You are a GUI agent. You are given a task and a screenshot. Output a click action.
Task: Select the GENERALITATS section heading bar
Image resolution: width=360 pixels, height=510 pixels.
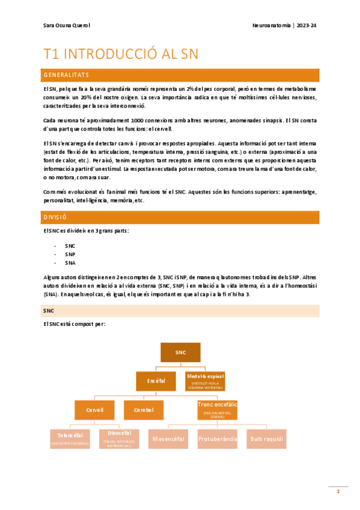pyautogui.click(x=180, y=75)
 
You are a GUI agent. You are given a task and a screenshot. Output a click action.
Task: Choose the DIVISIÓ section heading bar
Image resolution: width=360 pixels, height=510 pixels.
pyautogui.click(x=180, y=217)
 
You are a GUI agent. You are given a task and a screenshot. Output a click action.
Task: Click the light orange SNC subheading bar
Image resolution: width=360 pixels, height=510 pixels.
pyautogui.click(x=180, y=310)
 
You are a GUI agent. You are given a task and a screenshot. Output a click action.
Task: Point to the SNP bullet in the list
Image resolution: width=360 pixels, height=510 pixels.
pyautogui.click(x=70, y=254)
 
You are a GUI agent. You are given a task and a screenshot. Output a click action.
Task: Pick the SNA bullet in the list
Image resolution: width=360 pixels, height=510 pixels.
pyautogui.click(x=70, y=263)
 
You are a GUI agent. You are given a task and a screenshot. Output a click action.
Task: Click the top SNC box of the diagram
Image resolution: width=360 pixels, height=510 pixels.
pyautogui.click(x=180, y=352)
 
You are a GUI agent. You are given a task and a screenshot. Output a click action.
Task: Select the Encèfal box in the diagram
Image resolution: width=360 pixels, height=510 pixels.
pyautogui.click(x=156, y=381)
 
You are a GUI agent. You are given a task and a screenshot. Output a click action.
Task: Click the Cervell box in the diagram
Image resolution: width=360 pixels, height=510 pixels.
pyautogui.click(x=95, y=410)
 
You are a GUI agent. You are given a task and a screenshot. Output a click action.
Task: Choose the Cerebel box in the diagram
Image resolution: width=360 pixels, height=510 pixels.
pyautogui.click(x=144, y=410)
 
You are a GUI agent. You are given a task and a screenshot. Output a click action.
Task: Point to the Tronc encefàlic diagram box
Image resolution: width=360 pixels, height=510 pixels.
pyautogui.click(x=218, y=409)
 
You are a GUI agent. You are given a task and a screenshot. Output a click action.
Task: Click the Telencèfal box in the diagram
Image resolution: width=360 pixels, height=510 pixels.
pyautogui.click(x=70, y=438)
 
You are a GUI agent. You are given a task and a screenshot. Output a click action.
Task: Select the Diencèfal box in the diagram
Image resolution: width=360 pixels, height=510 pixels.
pyautogui.click(x=119, y=438)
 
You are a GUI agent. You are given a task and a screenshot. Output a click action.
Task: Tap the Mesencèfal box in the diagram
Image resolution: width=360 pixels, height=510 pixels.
pyautogui.click(x=168, y=438)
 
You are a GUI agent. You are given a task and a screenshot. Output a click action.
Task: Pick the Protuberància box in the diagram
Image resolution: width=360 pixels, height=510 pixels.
pyautogui.click(x=217, y=438)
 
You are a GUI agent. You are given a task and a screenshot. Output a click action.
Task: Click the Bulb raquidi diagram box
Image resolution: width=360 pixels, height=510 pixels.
pyautogui.click(x=266, y=438)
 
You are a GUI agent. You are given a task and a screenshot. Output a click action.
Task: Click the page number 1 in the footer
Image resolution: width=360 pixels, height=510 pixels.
pyautogui.click(x=338, y=492)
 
